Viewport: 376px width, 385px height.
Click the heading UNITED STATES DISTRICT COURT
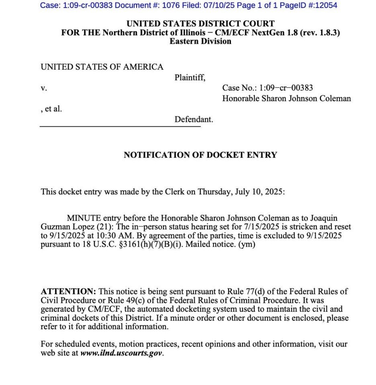(200, 24)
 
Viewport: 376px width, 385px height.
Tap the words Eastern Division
(200, 41)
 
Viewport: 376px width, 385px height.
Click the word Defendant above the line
(194, 119)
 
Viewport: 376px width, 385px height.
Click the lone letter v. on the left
(43, 89)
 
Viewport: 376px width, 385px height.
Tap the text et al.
(53, 109)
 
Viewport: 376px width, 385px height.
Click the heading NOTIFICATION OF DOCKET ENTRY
(200, 155)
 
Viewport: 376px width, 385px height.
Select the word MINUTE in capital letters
(84, 218)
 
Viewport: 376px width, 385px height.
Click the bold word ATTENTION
(68, 292)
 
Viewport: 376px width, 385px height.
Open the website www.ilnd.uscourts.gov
(122, 353)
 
